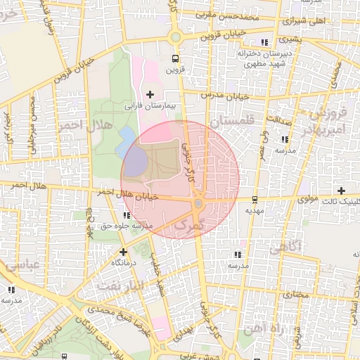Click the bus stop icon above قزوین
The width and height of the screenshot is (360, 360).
[175, 59]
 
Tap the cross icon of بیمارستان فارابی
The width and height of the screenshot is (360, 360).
[150, 94]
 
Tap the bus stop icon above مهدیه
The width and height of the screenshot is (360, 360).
[254, 199]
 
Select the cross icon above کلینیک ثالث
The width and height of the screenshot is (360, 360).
[341, 191]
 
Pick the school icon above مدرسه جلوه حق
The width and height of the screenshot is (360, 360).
[126, 215]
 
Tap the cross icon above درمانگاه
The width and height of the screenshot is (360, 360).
[123, 251]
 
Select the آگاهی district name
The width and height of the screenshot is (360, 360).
[285, 247]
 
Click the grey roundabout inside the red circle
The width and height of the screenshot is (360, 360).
[198, 204]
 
